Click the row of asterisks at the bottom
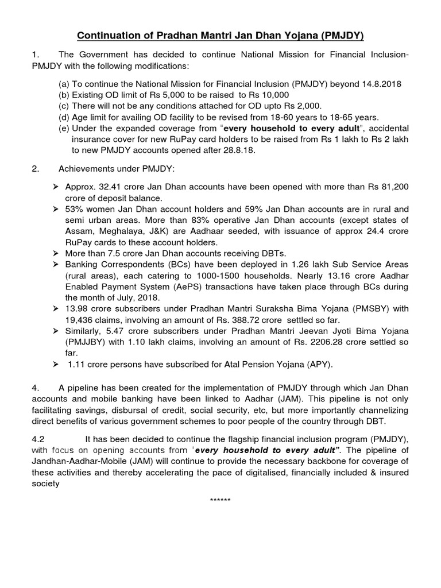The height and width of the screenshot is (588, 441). pos(220,500)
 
